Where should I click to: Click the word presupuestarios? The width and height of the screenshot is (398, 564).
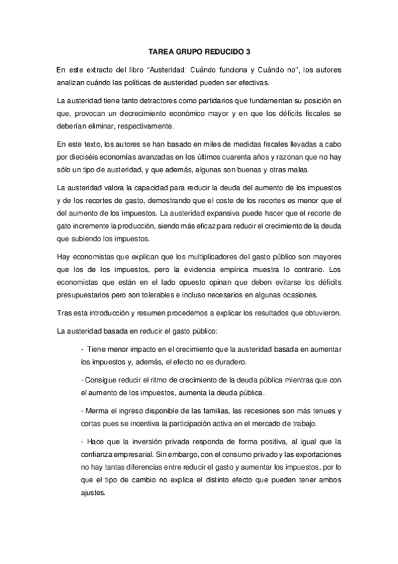click(88, 296)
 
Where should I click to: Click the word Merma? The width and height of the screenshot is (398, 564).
click(96, 410)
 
